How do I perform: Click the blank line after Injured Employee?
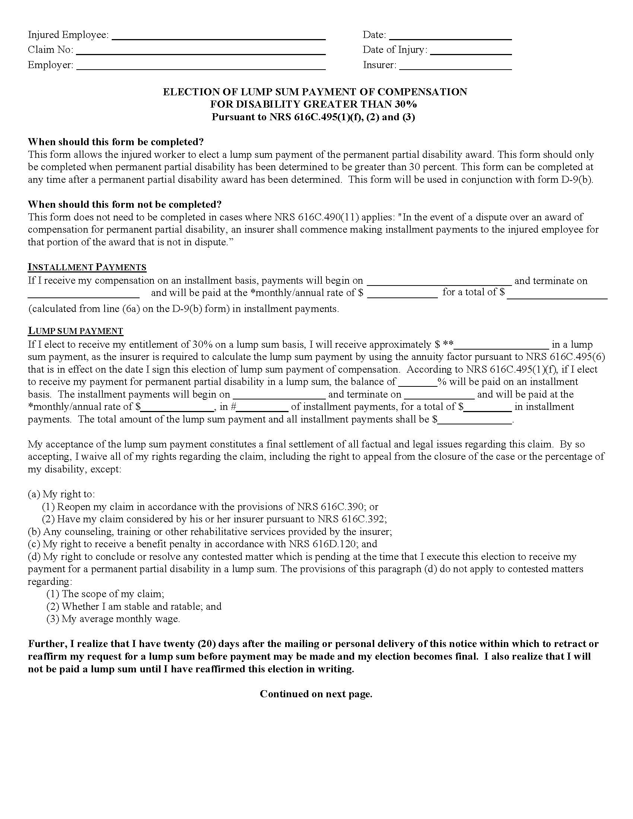(219, 36)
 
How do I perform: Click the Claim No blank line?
(201, 52)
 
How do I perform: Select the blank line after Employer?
(201, 67)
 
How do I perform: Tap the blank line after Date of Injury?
(471, 52)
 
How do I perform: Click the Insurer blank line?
(455, 67)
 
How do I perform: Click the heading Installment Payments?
(87, 267)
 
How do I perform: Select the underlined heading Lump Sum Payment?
(75, 331)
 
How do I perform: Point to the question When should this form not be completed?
(124, 204)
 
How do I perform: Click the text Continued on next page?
(316, 694)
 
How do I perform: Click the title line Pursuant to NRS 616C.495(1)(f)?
(313, 117)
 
